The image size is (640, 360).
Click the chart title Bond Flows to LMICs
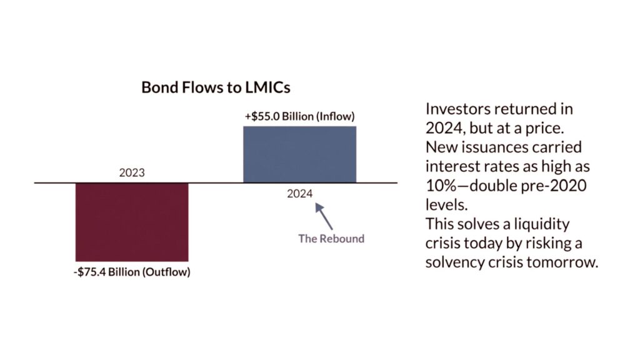click(x=216, y=87)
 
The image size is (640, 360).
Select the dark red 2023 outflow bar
click(x=132, y=222)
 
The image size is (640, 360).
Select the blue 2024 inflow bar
click(x=299, y=154)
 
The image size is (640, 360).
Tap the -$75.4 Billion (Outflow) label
click(x=132, y=272)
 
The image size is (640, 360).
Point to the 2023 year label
click(x=132, y=172)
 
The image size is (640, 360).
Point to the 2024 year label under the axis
click(x=299, y=193)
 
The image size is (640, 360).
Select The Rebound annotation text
click(x=331, y=238)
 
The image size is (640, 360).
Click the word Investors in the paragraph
click(x=458, y=109)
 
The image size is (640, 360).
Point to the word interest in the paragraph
click(x=451, y=167)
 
